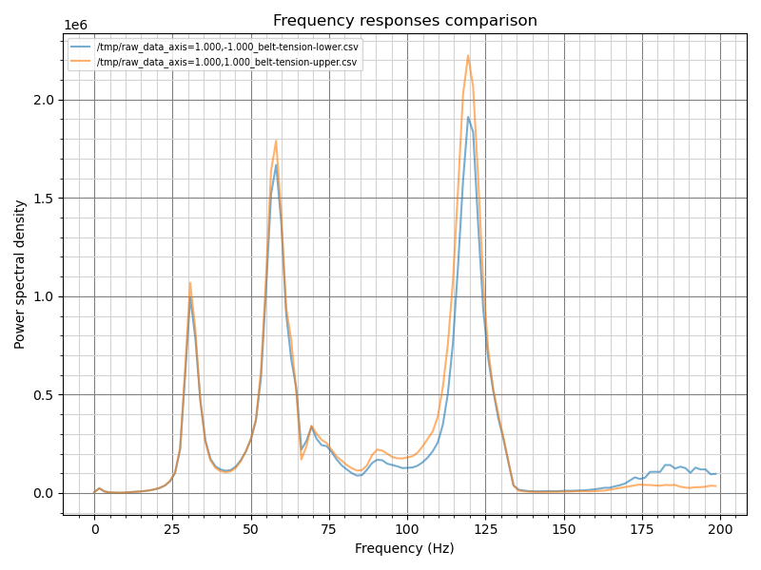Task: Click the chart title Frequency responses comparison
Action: tap(404, 21)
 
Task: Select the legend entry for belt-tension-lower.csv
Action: tap(226, 47)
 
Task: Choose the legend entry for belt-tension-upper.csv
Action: tap(226, 62)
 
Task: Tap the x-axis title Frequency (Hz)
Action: tap(404, 548)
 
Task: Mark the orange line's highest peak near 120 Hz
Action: tap(468, 55)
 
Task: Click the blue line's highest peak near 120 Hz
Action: tap(468, 117)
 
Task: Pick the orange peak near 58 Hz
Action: tap(276, 142)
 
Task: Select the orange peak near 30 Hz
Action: tap(189, 282)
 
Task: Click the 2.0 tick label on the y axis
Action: tap(45, 100)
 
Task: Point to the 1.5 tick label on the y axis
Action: tap(45, 198)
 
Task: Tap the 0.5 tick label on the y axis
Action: tap(45, 394)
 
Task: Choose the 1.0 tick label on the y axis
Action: tap(45, 296)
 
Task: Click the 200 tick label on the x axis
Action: tap(720, 529)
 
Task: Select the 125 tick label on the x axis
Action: tap(485, 529)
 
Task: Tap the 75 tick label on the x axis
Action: tap(329, 529)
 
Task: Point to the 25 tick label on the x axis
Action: tap(172, 529)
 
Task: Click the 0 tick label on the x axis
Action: tap(94, 529)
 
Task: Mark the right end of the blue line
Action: tap(716, 473)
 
